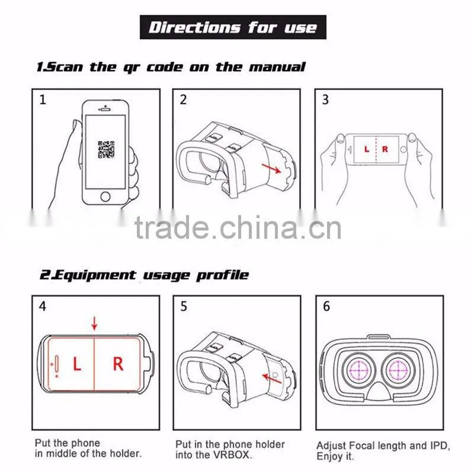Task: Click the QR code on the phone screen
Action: coord(106,150)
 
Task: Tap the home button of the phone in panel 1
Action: coord(105,197)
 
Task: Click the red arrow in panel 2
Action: coord(271,168)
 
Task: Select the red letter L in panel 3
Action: coord(367,149)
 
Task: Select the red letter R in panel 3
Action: coord(385,149)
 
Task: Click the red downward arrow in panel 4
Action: coord(95,323)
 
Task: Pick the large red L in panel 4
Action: coord(77,364)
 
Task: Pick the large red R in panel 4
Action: coord(118,364)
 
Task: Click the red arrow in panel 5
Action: coord(272,379)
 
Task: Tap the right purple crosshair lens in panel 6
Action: coord(398,370)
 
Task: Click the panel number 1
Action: coord(43,100)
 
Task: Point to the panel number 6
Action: coord(326,306)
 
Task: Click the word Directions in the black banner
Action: coord(194,27)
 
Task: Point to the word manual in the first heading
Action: coord(277,67)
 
